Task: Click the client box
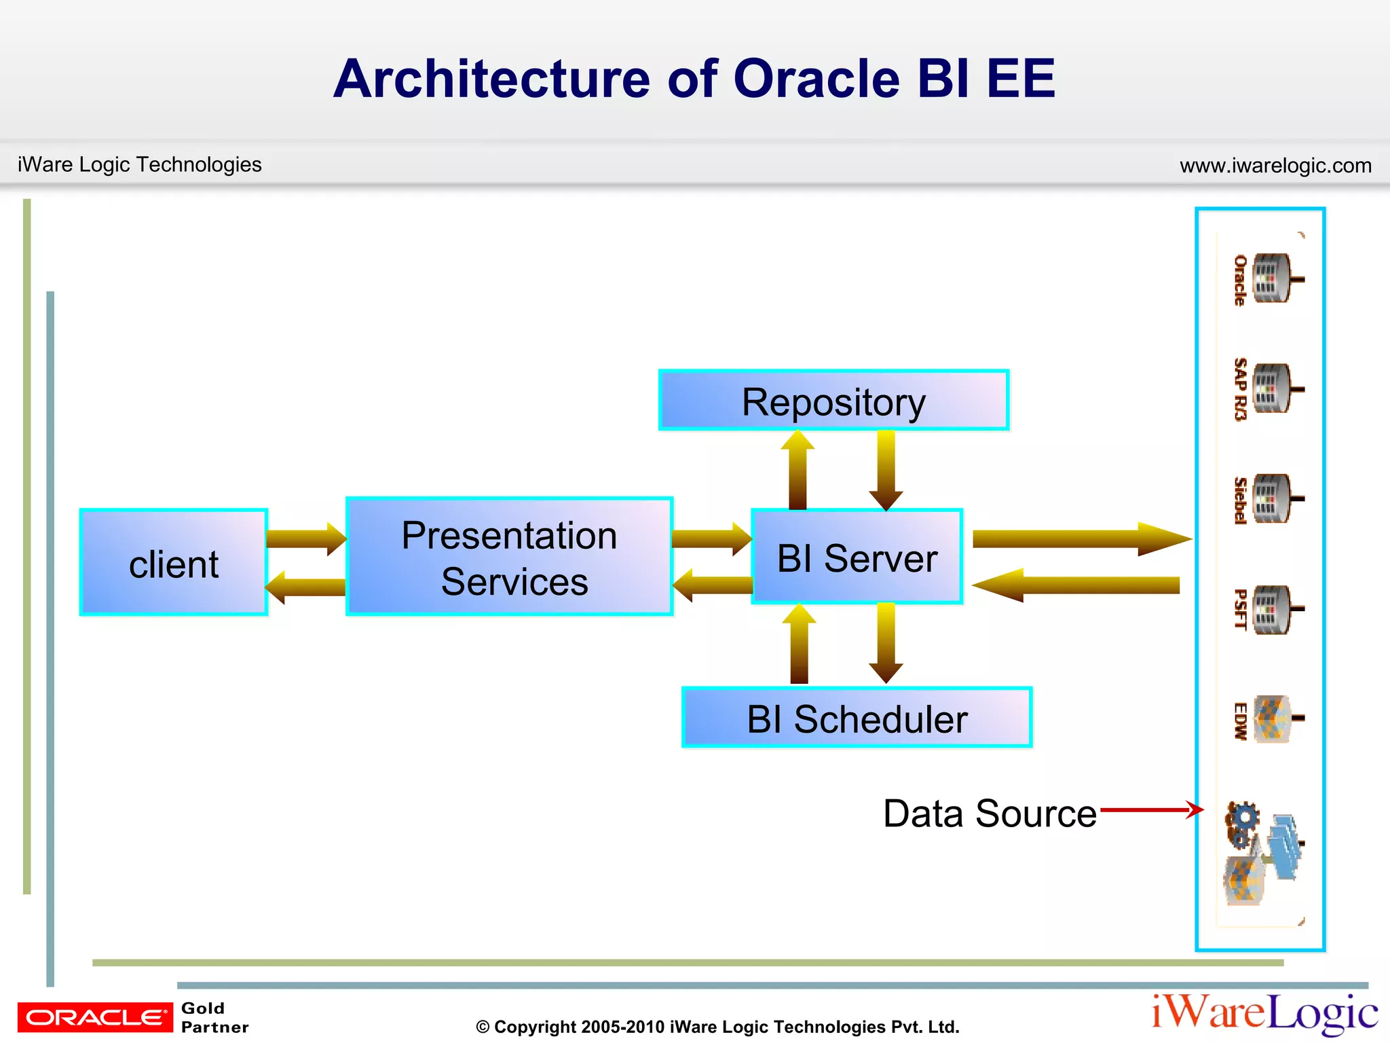[174, 562]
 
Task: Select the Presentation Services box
[509, 557]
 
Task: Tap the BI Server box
[857, 557]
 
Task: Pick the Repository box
[833, 401]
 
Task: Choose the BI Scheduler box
[857, 718]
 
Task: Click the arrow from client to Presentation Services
[305, 539]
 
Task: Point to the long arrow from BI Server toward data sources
[1079, 539]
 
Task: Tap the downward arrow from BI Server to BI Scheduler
[886, 642]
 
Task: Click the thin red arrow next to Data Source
[1151, 809]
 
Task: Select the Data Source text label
[990, 813]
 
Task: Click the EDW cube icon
[1271, 718]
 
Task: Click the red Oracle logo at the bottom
[95, 1017]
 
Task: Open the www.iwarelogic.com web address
[1275, 166]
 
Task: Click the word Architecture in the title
[491, 79]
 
